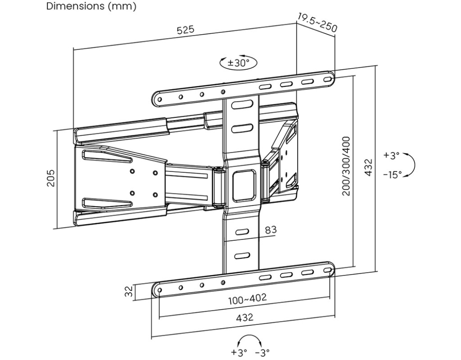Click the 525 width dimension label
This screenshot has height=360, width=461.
tap(185, 30)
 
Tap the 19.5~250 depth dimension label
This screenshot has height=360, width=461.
tap(317, 22)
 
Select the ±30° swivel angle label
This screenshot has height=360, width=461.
tap(238, 63)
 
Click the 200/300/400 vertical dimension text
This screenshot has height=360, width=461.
tap(347, 166)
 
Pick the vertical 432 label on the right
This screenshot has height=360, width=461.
tap(368, 167)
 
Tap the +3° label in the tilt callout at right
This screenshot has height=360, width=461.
tap(391, 156)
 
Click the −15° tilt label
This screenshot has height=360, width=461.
tap(392, 175)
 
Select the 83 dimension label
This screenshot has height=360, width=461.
tap(271, 230)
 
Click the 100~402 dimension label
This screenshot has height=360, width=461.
tap(247, 298)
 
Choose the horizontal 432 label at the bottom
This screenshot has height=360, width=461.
tap(244, 317)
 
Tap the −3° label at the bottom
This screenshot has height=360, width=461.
tap(262, 352)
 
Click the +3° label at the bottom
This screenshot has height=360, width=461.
tap(239, 352)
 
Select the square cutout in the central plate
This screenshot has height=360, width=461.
tap(244, 184)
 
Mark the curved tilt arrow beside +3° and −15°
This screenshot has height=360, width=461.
tap(411, 165)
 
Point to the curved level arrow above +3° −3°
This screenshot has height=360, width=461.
tap(250, 340)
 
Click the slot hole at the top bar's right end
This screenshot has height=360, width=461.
tap(329, 80)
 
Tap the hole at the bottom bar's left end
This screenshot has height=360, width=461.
tap(158, 290)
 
